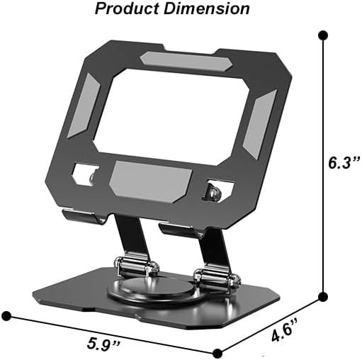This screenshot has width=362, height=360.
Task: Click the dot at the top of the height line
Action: click(323, 34)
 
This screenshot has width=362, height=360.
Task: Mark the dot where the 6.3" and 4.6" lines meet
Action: click(323, 296)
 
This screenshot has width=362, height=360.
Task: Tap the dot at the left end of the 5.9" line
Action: click(8, 314)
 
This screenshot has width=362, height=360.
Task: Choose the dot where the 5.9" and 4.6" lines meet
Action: click(217, 351)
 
